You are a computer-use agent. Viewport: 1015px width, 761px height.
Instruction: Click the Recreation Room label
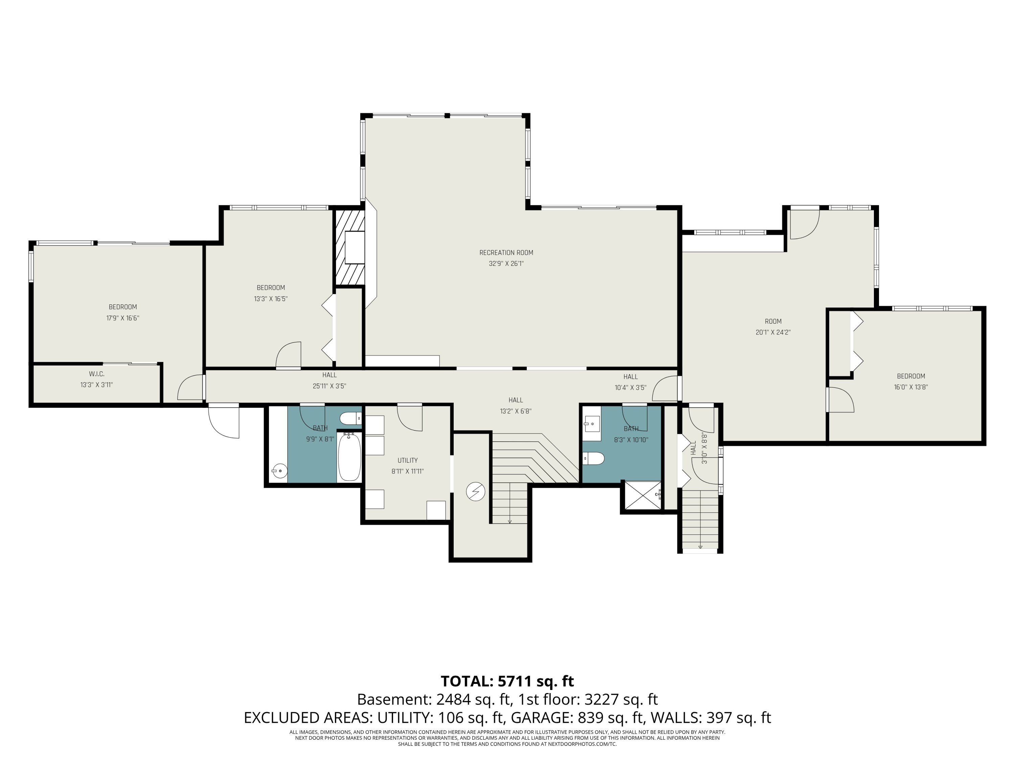[x=506, y=253]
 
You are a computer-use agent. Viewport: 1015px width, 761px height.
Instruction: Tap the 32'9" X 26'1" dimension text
[x=506, y=264]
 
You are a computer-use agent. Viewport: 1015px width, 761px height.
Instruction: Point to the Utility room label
[x=407, y=461]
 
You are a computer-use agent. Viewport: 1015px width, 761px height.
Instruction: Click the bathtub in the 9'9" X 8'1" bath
[x=349, y=457]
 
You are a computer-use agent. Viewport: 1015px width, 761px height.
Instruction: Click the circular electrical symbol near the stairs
[x=475, y=492]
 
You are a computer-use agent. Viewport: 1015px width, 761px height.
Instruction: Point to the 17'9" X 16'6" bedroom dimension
[x=122, y=318]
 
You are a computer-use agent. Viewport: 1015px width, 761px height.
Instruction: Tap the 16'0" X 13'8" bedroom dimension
[x=911, y=387]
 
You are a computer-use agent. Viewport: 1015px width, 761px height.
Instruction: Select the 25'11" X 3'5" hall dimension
[x=330, y=386]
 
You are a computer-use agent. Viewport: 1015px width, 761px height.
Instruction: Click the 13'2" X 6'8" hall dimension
[x=516, y=412]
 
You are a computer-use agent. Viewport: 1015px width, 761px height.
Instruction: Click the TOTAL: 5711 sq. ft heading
[x=507, y=681]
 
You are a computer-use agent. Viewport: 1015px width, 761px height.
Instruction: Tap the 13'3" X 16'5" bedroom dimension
[x=271, y=299]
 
